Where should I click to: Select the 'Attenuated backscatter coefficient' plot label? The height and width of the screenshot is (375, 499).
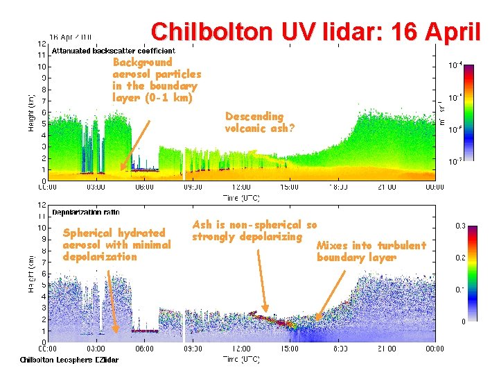point(114,51)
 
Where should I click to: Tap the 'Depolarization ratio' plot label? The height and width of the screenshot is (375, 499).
point(85,212)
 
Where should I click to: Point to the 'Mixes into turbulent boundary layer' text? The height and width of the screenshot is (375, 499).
point(371,251)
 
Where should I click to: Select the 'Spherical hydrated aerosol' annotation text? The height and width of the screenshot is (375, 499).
point(116,244)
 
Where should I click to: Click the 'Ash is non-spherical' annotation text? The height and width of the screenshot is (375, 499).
point(254,231)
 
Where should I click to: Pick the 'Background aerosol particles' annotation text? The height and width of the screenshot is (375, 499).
point(157,80)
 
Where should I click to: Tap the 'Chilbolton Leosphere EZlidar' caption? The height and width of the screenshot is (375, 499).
point(69,360)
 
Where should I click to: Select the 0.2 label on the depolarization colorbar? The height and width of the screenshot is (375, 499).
point(459,257)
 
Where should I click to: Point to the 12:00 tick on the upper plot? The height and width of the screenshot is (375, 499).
point(241,187)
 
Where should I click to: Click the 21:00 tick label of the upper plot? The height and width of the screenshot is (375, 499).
point(386,187)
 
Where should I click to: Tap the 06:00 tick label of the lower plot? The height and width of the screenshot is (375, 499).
point(144,349)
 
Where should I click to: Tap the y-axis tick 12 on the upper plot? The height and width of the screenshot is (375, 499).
point(41,43)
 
